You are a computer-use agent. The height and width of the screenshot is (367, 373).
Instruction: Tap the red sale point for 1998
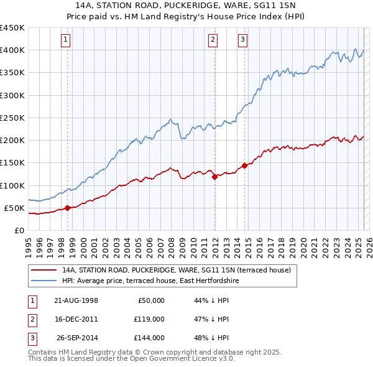pyautogui.click(x=67, y=208)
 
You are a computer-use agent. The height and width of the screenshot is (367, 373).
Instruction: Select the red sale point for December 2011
pyautogui.click(x=214, y=177)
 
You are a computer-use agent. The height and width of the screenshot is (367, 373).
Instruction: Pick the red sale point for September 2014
pyautogui.click(x=245, y=165)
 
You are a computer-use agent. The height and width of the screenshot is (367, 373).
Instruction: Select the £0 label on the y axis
pyautogui.click(x=19, y=230)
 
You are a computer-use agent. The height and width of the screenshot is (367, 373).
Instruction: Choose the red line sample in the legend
pyautogui.click(x=44, y=271)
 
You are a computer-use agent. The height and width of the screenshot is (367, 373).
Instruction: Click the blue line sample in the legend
pyautogui.click(x=44, y=281)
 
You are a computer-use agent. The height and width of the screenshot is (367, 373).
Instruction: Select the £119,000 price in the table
pyautogui.click(x=149, y=319)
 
